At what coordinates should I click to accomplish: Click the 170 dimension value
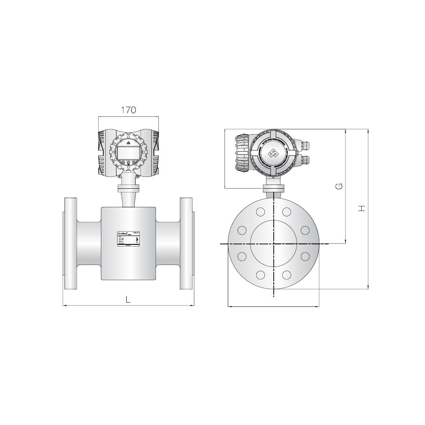(128, 110)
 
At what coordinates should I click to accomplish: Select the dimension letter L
(128, 299)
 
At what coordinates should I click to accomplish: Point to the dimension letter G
(339, 187)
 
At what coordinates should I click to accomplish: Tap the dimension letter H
(361, 208)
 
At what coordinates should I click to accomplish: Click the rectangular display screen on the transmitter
(128, 151)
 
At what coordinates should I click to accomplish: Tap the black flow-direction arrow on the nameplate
(137, 240)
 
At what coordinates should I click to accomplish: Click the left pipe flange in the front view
(70, 244)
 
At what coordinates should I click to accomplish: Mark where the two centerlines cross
(274, 244)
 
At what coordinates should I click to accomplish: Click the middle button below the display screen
(128, 162)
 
